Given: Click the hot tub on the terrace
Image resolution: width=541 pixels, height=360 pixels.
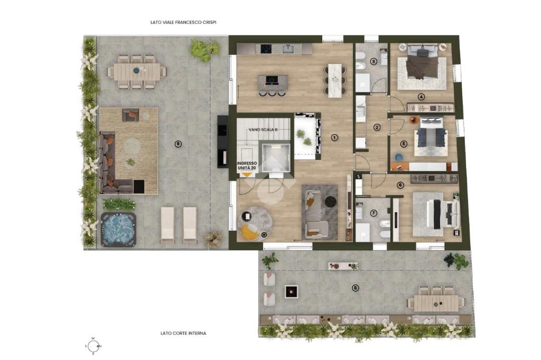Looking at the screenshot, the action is tap(118, 230).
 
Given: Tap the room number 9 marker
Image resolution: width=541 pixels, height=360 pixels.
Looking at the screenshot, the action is tap(178, 144).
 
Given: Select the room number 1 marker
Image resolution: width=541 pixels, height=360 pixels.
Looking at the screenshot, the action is tap(334, 137).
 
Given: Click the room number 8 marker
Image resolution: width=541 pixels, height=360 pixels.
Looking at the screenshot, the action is tap(356, 288).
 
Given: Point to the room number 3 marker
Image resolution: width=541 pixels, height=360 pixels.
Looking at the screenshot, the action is tap(374, 62).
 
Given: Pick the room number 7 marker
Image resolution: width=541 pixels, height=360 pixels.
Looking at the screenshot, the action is tap(374, 213).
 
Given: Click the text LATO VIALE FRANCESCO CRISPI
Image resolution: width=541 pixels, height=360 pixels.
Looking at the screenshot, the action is tap(183, 22).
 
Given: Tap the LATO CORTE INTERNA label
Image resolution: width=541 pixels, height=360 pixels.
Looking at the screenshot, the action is tap(183, 333).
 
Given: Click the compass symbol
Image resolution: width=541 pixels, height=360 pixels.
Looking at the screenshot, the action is tap(93, 346).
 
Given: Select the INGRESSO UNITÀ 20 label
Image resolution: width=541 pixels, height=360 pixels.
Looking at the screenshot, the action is tap(247, 166).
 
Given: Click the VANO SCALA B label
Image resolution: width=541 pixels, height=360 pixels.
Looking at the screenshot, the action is tap(263, 130).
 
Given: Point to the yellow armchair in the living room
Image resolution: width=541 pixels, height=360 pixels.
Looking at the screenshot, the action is tap(250, 231).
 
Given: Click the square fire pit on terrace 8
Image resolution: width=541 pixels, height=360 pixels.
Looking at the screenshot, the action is tap(292, 292).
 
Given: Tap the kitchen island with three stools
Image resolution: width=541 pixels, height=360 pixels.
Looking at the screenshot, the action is tap(273, 83).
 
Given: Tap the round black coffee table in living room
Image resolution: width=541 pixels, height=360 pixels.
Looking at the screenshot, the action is tap(331, 201).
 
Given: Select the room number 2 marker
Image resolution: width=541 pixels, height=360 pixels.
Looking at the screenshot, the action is tap(377, 127).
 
